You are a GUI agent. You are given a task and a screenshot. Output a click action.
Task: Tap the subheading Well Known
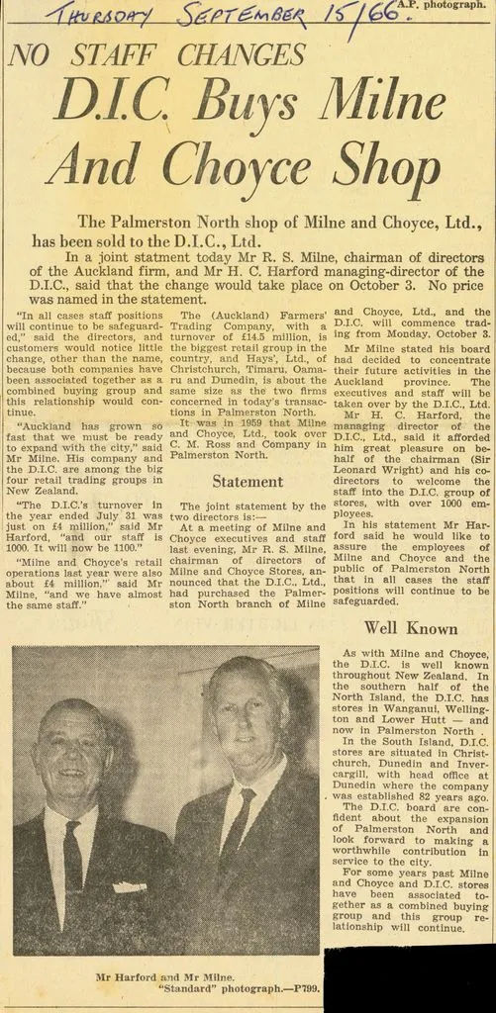tap(411, 627)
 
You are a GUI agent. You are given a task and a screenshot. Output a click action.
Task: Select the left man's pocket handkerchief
tap(129, 887)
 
